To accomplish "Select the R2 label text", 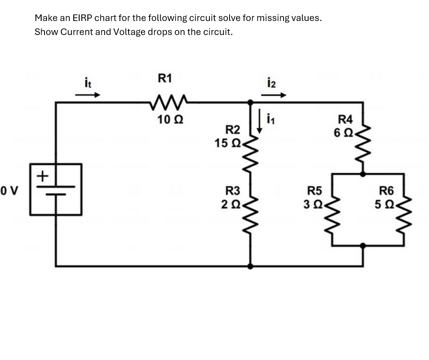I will point(232,130).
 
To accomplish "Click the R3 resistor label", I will point(232,191).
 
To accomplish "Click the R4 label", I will point(345,120).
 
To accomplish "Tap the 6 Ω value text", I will point(342,133).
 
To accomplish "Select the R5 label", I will point(315,191).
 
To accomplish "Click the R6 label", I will point(386,191).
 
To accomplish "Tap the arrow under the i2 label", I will point(273,95).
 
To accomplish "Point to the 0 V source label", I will point(9,191).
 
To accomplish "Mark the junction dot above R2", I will point(250,101).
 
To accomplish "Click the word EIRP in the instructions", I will point(82,18).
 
